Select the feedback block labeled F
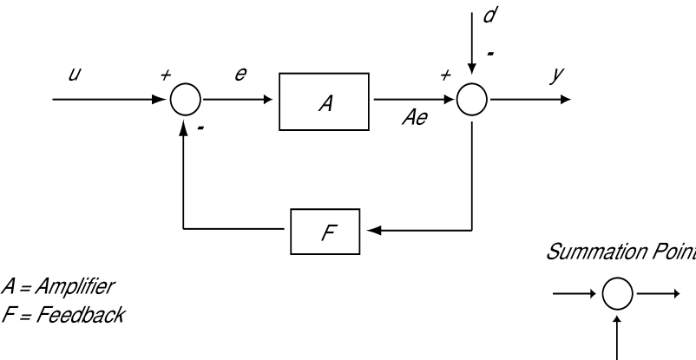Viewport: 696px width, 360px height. click(326, 232)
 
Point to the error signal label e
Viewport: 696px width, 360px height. click(240, 76)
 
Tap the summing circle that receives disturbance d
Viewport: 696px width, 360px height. click(472, 100)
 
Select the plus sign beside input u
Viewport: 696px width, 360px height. click(165, 76)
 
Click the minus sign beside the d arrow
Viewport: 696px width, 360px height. click(491, 54)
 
